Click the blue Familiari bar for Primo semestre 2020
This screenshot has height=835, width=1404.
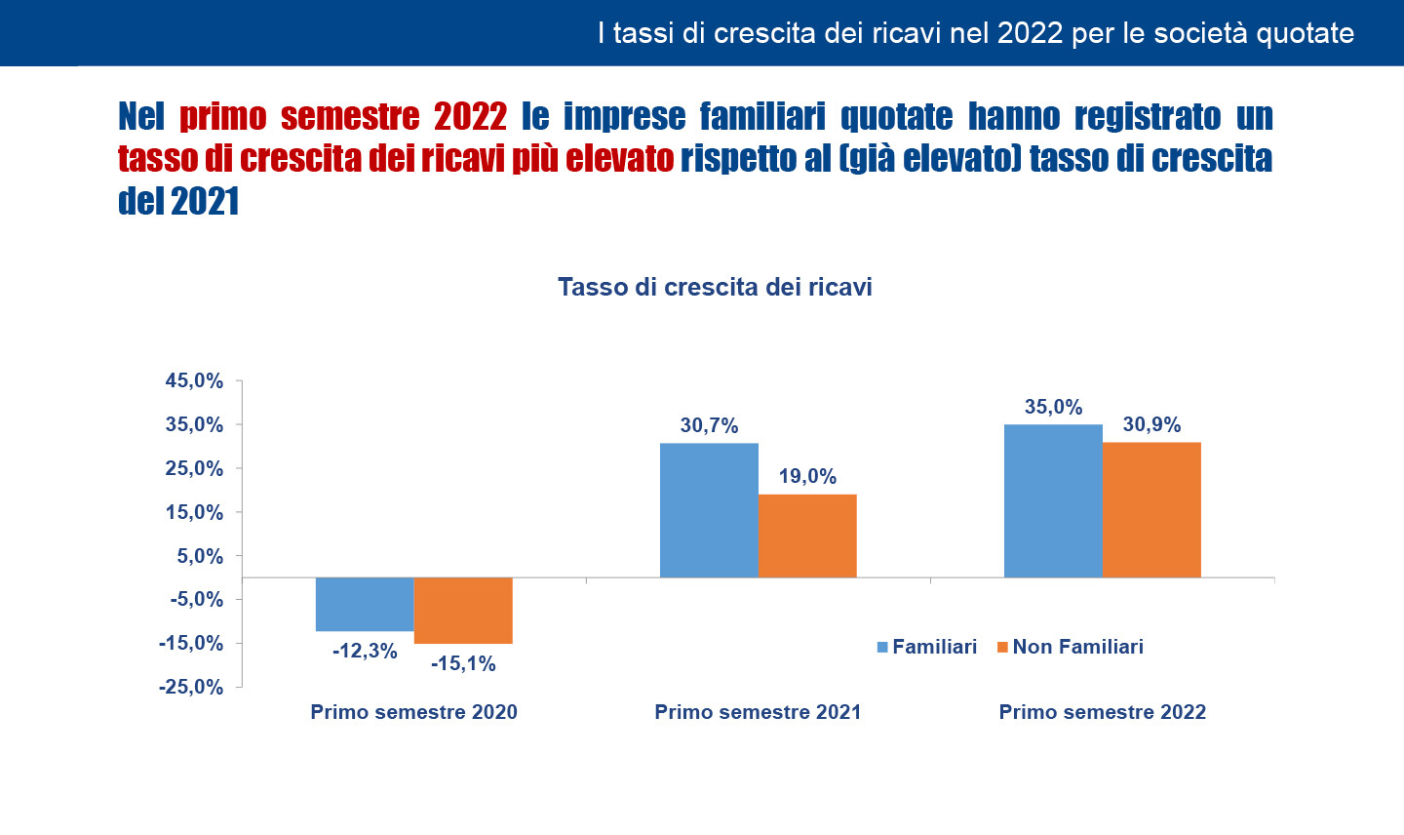coord(365,604)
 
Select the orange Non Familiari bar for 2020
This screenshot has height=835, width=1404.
coord(463,610)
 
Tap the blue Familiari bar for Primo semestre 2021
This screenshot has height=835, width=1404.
coord(709,510)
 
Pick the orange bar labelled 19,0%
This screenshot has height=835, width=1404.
coord(807,536)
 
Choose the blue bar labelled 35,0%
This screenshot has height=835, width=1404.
coord(1053,500)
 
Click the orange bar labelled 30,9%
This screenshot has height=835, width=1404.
coord(1151,509)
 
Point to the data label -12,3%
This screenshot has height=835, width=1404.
coord(365,651)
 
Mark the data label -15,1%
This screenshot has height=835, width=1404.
coord(463,664)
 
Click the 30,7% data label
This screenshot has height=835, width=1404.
coord(709,425)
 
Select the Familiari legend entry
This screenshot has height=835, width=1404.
coord(927,647)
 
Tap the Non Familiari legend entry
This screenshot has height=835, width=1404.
coord(1071,647)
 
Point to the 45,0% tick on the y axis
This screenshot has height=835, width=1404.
coord(194,380)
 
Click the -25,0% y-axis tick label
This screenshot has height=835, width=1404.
coord(191,687)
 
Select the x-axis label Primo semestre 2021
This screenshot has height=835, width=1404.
coord(758,712)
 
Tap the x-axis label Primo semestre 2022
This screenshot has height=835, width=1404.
coord(1102,712)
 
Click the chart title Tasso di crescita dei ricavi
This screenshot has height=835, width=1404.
coord(715,287)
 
